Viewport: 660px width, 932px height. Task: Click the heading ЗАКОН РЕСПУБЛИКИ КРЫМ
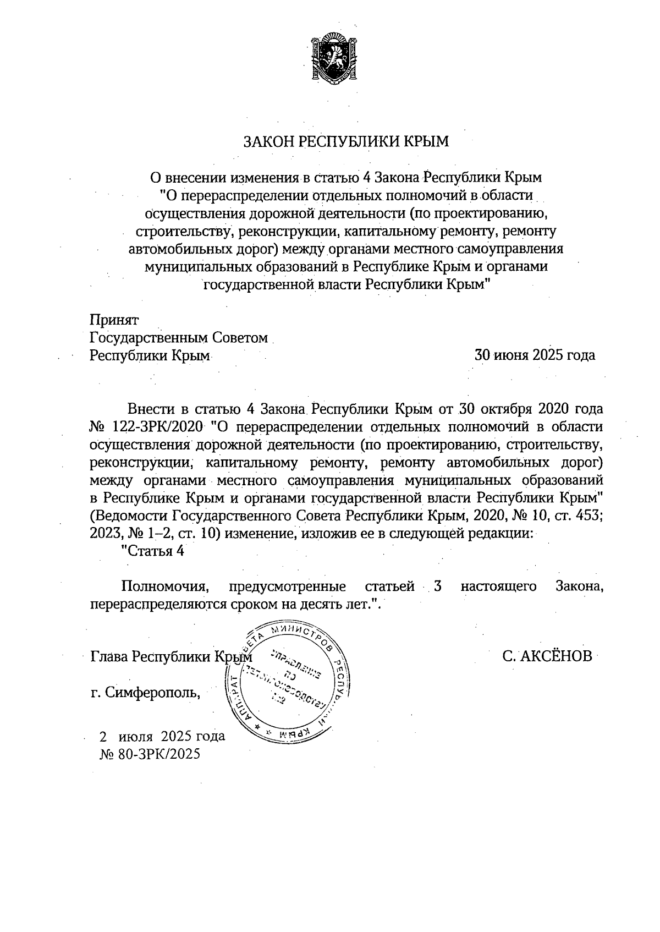(346, 142)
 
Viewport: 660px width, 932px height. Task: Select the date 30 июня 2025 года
(535, 355)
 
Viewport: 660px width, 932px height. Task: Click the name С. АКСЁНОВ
(547, 656)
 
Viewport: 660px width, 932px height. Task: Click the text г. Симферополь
(146, 692)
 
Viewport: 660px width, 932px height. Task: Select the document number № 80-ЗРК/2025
(150, 754)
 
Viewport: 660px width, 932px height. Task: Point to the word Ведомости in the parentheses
(131, 516)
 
